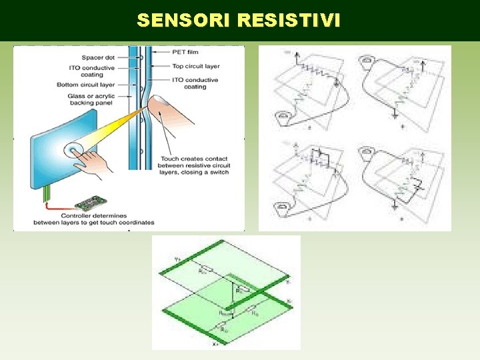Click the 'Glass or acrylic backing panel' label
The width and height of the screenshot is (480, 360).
pos(91,100)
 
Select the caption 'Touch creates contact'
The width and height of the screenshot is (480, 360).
pos(194,158)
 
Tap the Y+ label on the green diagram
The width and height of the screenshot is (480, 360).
pos(177,259)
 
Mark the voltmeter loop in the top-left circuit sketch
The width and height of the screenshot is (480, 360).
pos(283,118)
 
